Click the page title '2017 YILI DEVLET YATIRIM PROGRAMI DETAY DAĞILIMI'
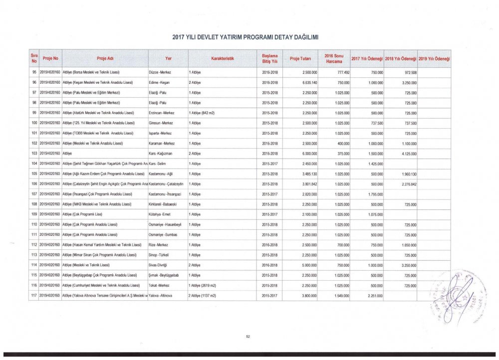(245, 37)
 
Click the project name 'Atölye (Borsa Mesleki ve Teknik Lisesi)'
(98, 72)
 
